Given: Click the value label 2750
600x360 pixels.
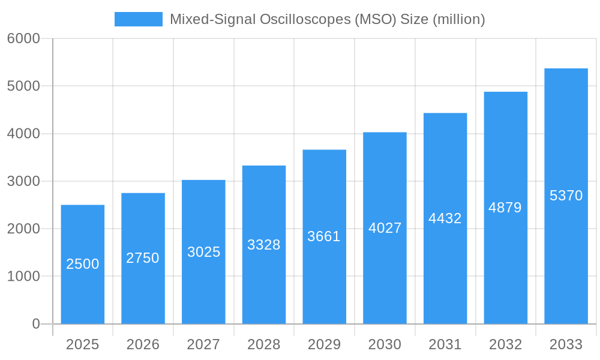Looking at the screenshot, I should click(x=143, y=258).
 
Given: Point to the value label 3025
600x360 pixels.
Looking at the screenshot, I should click(x=204, y=252).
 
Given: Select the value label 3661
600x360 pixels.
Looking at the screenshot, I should click(x=324, y=236).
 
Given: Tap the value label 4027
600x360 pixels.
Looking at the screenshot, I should click(x=385, y=228).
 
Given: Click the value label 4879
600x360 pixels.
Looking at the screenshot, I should click(x=505, y=208).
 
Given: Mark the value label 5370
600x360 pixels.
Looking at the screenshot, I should click(x=566, y=196).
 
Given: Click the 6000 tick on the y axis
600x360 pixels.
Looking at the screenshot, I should click(x=23, y=39).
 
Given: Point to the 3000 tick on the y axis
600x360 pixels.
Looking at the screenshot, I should click(x=23, y=181).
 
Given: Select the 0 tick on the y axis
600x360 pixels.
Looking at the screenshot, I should click(x=35, y=324).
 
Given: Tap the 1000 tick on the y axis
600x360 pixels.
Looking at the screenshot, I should click(x=23, y=277).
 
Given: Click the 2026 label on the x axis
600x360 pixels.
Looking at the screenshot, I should click(x=143, y=344).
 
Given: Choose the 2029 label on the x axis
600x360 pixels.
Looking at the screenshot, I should click(x=324, y=344).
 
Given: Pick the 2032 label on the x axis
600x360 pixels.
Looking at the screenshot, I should click(x=505, y=344).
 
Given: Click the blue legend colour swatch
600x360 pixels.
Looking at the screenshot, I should click(x=139, y=19).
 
